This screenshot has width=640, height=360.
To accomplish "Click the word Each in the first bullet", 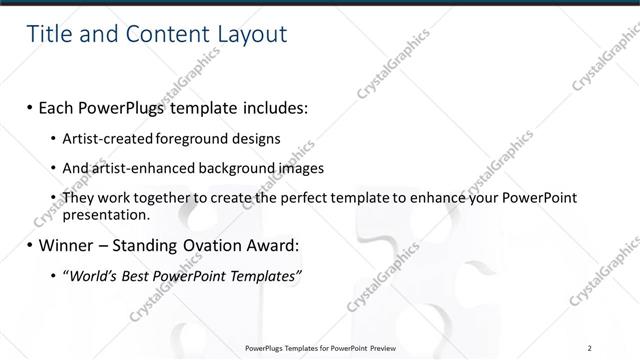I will pos(57,106).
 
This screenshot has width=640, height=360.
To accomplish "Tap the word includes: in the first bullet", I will pos(269,106).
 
